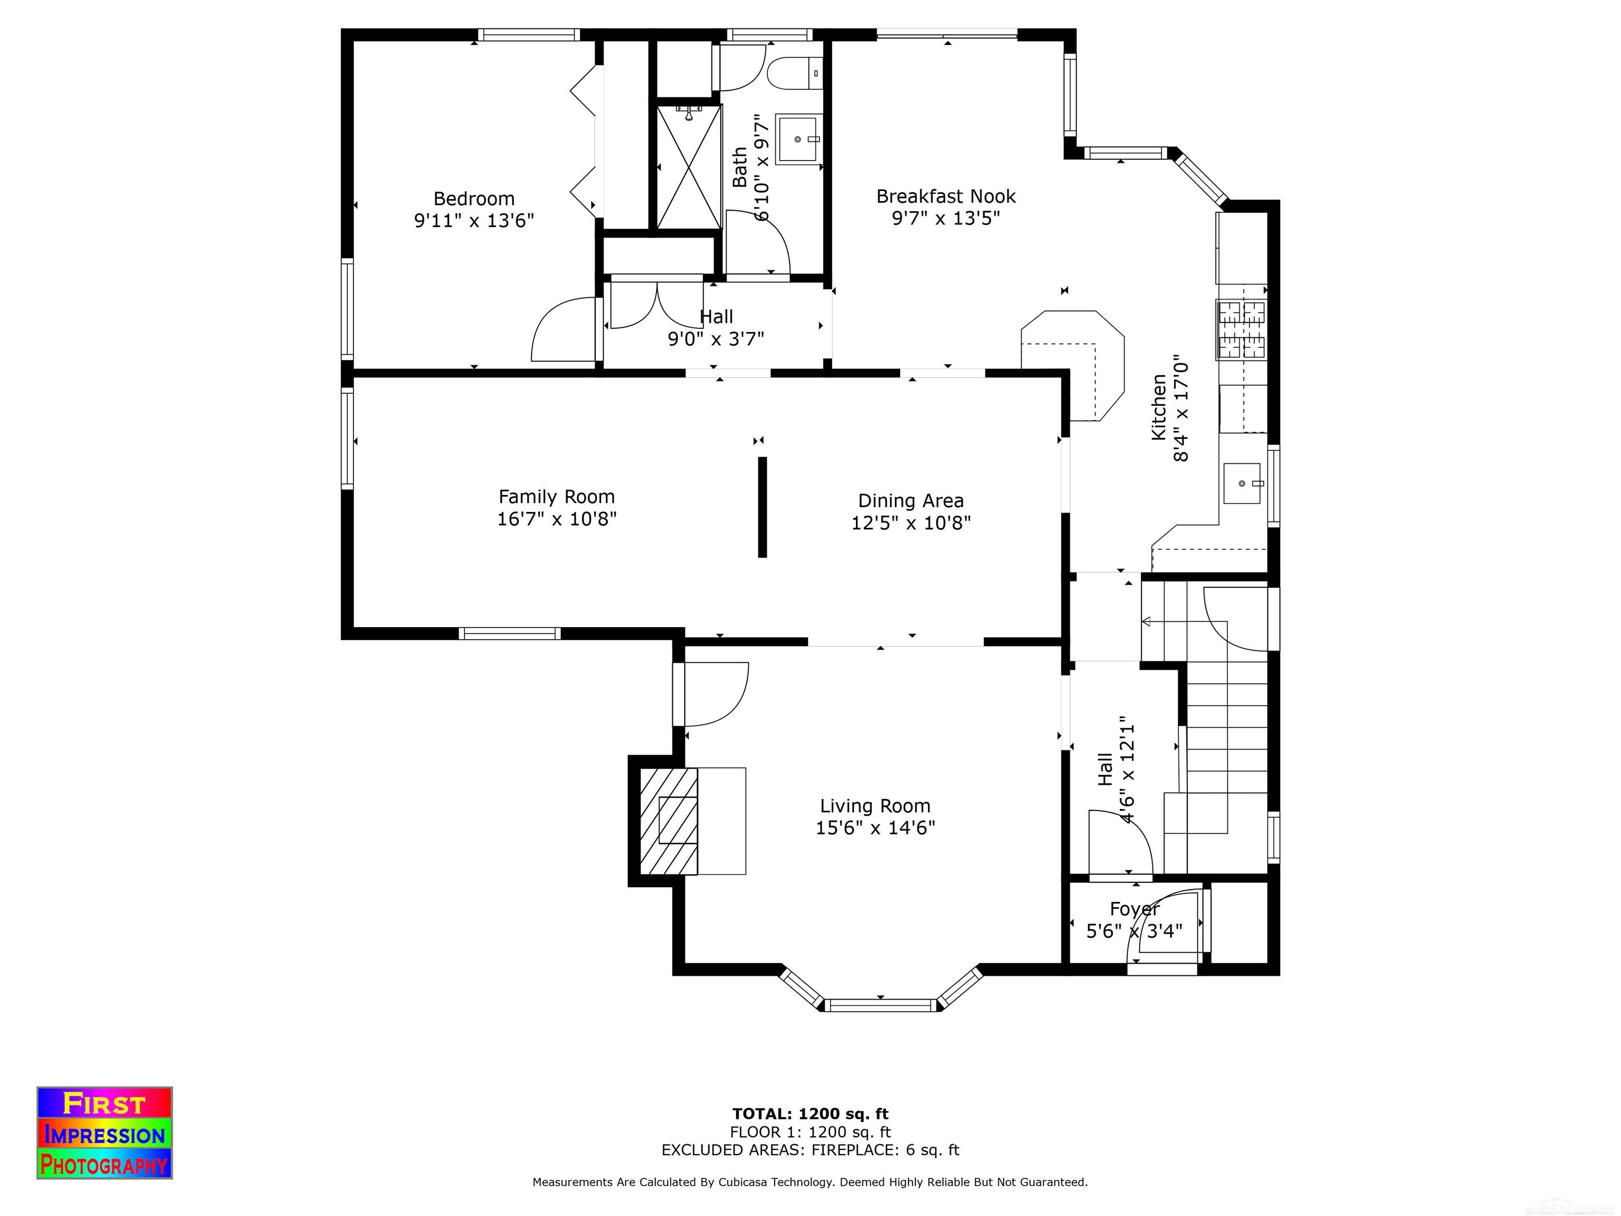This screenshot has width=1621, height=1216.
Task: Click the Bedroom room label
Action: point(474,198)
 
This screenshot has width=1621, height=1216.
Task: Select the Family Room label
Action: point(556,497)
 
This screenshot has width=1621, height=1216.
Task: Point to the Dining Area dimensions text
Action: point(911,522)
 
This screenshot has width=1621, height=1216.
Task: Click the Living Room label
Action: point(875,806)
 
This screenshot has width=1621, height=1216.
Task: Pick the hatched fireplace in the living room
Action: point(669,821)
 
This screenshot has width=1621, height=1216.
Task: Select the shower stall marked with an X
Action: point(689,166)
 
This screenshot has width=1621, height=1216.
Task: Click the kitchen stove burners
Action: point(1242,330)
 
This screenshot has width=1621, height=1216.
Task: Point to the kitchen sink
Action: point(1242,484)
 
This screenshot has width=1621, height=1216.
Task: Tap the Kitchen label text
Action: point(1159,407)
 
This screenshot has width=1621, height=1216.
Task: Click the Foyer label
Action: point(1134,909)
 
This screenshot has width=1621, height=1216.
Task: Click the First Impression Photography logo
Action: point(105,1133)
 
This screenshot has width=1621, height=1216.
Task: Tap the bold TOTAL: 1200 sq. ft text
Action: point(810,1114)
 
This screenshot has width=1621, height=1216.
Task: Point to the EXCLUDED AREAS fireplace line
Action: point(810,1150)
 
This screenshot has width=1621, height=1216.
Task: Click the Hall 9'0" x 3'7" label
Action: point(716,328)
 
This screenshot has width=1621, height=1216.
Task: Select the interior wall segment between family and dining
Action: point(762,507)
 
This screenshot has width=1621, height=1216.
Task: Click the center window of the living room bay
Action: point(881,1005)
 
